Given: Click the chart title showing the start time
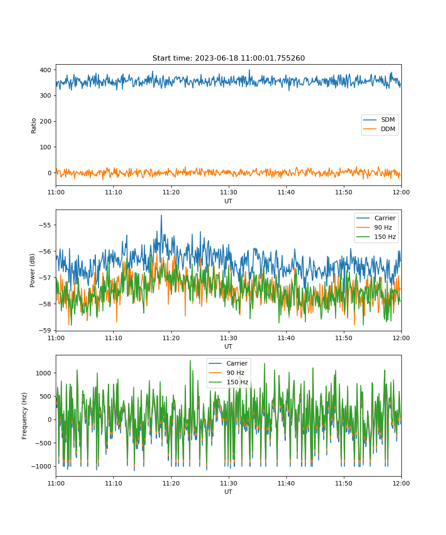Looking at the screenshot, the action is [228, 58].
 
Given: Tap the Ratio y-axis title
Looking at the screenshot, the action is [33, 126].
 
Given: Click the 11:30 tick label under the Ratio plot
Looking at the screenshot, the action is [228, 192].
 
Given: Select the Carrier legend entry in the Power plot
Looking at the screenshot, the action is [376, 218].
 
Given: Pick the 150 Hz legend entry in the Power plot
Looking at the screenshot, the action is [376, 237].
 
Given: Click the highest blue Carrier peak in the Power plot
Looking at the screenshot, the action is [161, 215].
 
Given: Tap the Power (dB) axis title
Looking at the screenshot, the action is [32, 270].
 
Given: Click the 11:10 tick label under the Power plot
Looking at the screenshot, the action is [114, 338].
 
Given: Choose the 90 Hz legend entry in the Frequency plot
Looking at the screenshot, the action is [228, 373].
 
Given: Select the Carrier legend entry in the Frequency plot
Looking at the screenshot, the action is [228, 363].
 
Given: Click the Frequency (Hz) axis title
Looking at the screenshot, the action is [25, 416].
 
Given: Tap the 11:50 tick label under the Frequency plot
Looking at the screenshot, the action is [344, 483].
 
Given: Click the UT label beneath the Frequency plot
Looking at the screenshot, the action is [228, 492].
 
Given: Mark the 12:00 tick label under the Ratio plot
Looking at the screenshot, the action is [401, 192].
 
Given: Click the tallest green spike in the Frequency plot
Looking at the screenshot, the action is [190, 361].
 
